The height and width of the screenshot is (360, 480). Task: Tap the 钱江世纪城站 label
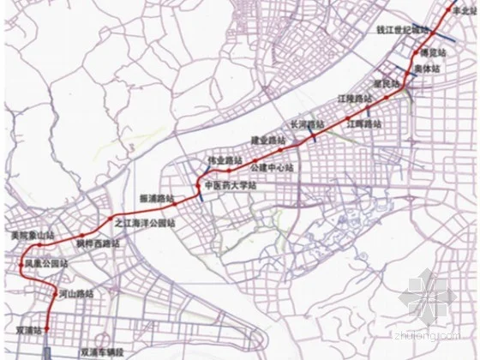[x=402, y=28]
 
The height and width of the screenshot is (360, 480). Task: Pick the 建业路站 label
[x=267, y=140]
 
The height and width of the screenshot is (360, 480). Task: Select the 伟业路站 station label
[x=224, y=160]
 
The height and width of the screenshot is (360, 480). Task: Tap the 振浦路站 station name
[x=157, y=197]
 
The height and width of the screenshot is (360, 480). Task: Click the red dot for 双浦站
[x=47, y=328]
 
